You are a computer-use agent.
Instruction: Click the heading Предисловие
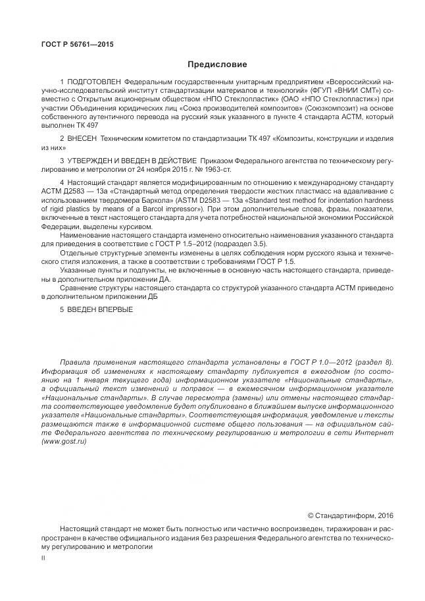pos(217,65)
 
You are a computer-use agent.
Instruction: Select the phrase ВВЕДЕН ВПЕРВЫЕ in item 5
pos(99,309)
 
